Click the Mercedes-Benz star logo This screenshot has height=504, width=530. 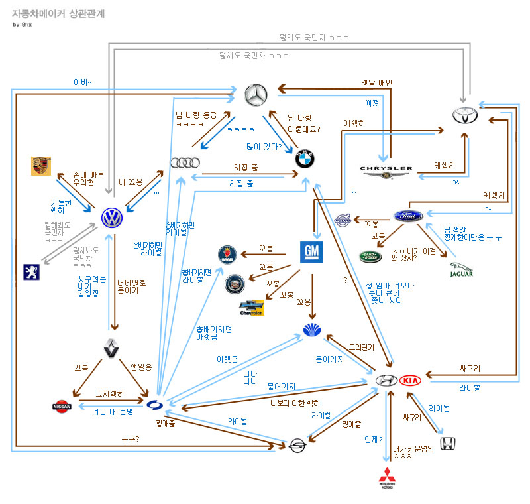(x=255, y=97)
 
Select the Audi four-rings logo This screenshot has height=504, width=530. (x=185, y=162)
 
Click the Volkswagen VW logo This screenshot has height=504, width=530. (x=113, y=218)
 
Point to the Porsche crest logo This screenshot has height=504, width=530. (x=42, y=166)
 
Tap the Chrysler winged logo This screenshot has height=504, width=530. (x=387, y=170)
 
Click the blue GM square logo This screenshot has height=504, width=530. (x=311, y=253)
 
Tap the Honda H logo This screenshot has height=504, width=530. (x=449, y=444)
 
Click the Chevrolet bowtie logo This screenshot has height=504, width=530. (x=252, y=308)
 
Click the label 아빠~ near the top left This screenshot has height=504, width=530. (x=83, y=82)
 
